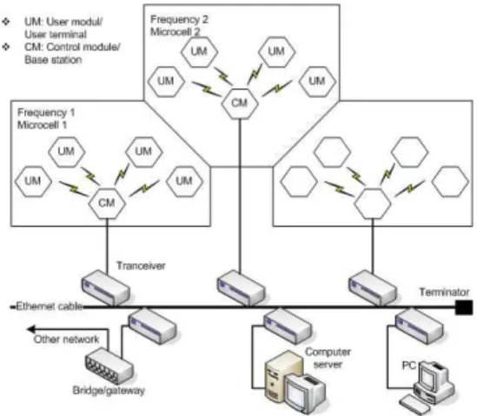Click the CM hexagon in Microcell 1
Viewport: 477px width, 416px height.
107,203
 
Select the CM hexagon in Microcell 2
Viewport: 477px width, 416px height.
240,103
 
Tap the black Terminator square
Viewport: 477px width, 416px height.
464,307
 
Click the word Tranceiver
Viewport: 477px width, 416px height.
141,266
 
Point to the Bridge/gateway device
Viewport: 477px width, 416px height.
109,366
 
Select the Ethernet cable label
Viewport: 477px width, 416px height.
49,307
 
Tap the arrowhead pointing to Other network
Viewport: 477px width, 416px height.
31,329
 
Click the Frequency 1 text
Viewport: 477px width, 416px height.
46,113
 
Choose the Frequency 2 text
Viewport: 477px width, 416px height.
179,19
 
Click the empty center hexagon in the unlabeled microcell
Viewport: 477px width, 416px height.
373,203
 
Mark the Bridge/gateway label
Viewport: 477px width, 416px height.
109,390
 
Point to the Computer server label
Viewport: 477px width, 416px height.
328,358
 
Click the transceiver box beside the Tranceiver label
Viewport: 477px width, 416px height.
106,287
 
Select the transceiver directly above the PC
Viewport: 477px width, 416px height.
420,326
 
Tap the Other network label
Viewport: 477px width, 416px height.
66,339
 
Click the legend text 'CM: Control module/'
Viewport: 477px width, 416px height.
72,47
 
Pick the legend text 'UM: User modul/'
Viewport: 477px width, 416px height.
63,22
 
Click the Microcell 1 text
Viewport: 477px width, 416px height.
42,125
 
